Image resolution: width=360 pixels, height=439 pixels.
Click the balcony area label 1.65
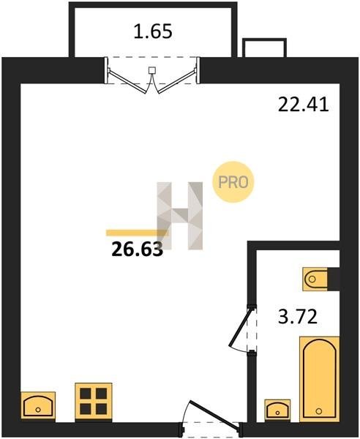click(153, 31)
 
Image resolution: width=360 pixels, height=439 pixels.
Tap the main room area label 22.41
click(303, 105)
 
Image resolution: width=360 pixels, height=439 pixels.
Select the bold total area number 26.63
click(137, 249)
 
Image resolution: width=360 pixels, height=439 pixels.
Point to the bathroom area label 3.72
click(298, 316)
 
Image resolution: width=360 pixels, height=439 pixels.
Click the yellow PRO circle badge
click(233, 182)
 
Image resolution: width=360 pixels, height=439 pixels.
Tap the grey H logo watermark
click(180, 216)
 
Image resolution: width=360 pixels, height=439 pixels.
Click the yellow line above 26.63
click(137, 233)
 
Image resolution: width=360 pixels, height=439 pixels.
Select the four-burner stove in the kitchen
click(94, 401)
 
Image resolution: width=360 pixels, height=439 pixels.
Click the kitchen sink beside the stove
click(38, 405)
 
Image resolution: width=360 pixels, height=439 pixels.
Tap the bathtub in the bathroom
click(320, 379)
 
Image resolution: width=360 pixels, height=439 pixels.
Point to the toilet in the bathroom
click(315, 279)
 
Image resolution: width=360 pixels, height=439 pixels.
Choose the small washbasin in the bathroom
click(277, 410)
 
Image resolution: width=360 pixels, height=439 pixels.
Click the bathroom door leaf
click(241, 327)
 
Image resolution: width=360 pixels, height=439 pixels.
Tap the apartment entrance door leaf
click(214, 415)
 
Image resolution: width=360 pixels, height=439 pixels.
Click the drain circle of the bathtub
click(318, 411)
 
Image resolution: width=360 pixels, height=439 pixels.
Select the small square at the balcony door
click(151, 70)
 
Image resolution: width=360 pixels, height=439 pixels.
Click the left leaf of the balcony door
click(127, 81)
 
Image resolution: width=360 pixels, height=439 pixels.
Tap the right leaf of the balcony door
click(176, 81)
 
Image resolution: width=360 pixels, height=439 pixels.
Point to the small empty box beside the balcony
click(265, 48)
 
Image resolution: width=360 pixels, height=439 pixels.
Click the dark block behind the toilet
click(334, 279)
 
